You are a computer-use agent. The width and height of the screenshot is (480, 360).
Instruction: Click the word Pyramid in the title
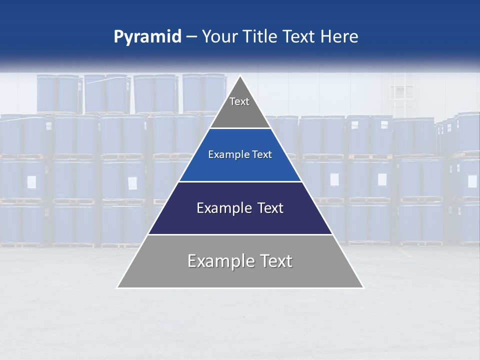[x=147, y=36]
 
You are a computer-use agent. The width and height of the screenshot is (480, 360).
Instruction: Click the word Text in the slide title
[x=301, y=36]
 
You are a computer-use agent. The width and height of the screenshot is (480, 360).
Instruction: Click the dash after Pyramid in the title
[x=191, y=37]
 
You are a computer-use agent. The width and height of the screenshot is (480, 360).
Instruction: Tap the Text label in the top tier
[x=239, y=101]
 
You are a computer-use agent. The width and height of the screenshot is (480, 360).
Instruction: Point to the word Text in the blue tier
[x=262, y=155]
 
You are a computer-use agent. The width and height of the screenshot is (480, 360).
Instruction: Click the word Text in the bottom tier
[x=275, y=261]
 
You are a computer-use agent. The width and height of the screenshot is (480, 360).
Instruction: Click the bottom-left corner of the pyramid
[x=117, y=287]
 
